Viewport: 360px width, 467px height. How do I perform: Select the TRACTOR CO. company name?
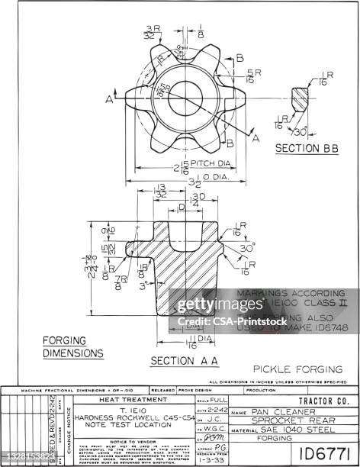click(323, 401)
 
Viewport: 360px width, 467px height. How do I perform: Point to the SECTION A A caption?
click(185, 360)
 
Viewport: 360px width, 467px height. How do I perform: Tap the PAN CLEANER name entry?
click(272, 412)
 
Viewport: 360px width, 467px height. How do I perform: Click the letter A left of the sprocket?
click(111, 99)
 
